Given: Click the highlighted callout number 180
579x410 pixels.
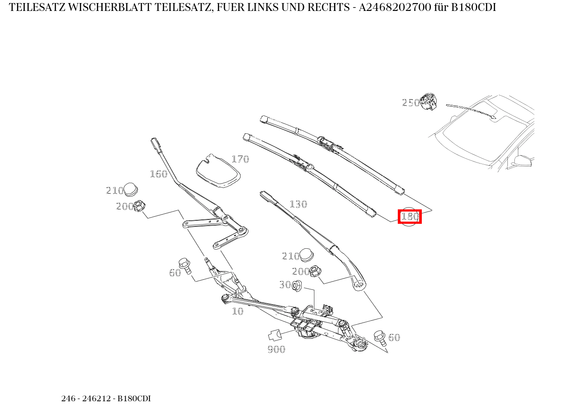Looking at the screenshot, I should click(x=410, y=216).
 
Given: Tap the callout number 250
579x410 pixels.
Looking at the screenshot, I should click(x=410, y=103).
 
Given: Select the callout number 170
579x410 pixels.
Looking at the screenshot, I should click(x=240, y=159).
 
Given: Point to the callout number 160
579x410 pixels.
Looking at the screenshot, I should click(x=159, y=174).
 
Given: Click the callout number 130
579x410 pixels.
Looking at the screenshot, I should click(x=298, y=204).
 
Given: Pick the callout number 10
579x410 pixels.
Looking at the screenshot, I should click(x=237, y=311).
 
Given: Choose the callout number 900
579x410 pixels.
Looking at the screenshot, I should click(x=276, y=349).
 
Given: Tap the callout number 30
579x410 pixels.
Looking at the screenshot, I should click(x=285, y=285).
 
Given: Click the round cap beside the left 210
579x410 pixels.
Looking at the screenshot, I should click(x=131, y=190).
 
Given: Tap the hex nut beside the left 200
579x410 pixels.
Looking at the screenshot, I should click(x=140, y=205).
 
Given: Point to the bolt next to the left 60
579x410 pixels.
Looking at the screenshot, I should click(x=186, y=265).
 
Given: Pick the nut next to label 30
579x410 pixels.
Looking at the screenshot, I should click(x=297, y=286).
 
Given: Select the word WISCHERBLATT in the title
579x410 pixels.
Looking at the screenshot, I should click(x=102, y=7).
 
